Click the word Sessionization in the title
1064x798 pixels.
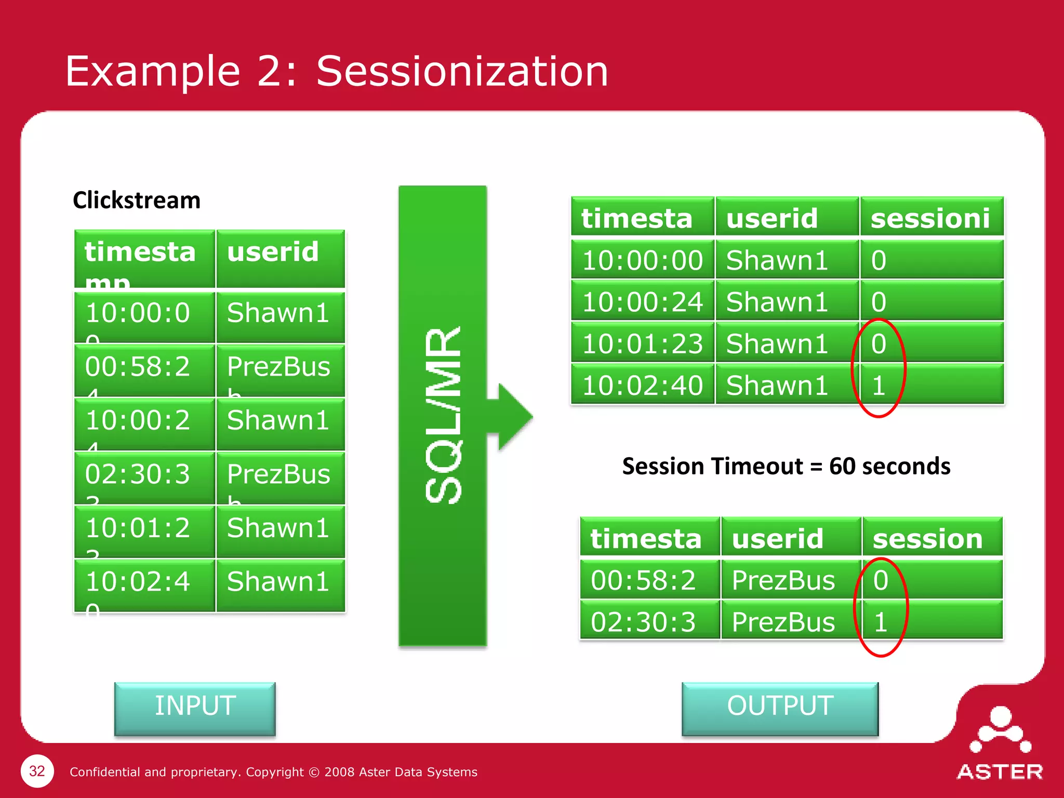[x=462, y=71]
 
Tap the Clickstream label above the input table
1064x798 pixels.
[x=137, y=201]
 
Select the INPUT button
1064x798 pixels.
[x=195, y=708]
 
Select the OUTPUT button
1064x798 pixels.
[x=780, y=708]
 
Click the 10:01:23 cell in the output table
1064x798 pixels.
[x=642, y=343]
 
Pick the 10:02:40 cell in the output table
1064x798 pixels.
[x=642, y=385]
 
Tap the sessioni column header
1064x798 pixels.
[x=930, y=218]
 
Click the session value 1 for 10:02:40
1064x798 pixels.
[x=879, y=385]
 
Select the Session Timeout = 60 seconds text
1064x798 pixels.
[x=786, y=466]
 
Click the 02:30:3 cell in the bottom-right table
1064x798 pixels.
[x=643, y=622]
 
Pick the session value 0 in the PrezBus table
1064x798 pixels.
[x=881, y=580]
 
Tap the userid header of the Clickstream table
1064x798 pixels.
[x=273, y=252]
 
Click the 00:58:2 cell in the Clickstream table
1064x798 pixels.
[x=138, y=367]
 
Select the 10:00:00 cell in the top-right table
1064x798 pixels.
[x=642, y=260]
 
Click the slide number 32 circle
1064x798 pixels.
[x=37, y=771]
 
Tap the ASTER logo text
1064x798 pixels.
[x=1000, y=772]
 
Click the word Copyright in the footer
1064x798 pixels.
[x=275, y=772]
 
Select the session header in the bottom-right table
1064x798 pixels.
[x=928, y=539]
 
